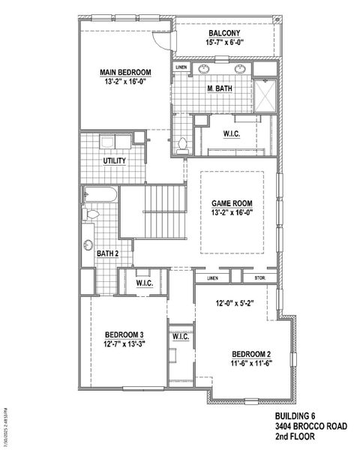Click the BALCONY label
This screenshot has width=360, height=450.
pyautogui.click(x=223, y=34)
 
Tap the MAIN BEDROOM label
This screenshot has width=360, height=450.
pyautogui.click(x=125, y=73)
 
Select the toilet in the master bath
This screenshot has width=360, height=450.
pyautogui.click(x=181, y=145)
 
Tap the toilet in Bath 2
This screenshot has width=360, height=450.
pyautogui.click(x=91, y=215)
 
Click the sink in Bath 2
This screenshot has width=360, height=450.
pyautogui.click(x=88, y=244)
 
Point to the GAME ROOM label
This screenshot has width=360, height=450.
pyautogui.click(x=231, y=203)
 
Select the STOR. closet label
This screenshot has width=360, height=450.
pyautogui.click(x=260, y=278)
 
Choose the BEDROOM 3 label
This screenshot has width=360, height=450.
pyautogui.click(x=125, y=334)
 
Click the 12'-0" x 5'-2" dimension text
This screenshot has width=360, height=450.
pyautogui.click(x=232, y=304)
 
